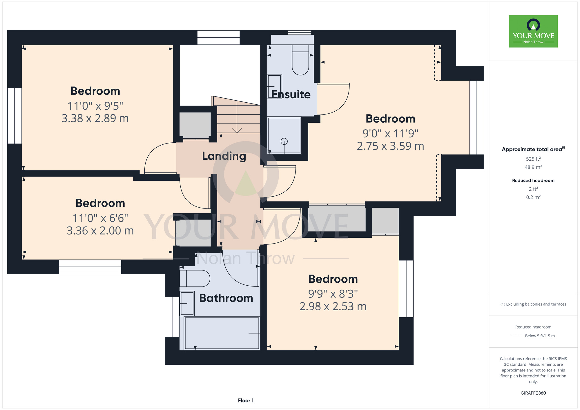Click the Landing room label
coord(224,156)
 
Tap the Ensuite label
coord(291,95)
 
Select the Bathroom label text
coord(226,298)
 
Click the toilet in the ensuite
coord(300,59)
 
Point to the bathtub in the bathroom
coord(222,333)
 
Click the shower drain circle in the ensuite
coord(284,141)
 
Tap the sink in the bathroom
coord(187,303)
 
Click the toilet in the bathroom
coord(195,278)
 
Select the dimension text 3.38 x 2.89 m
coord(95,118)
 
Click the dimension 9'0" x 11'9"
coord(390,134)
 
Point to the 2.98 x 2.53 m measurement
coord(333,306)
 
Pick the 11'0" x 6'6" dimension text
coord(100,218)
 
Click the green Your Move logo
coord(533,31)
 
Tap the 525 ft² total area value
coord(533,159)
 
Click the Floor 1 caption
coord(246,400)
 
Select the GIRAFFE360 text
coord(533,393)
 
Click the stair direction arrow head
coord(237,130)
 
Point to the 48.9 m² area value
coord(533,167)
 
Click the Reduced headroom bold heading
coord(533,180)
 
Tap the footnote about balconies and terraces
coord(533,304)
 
